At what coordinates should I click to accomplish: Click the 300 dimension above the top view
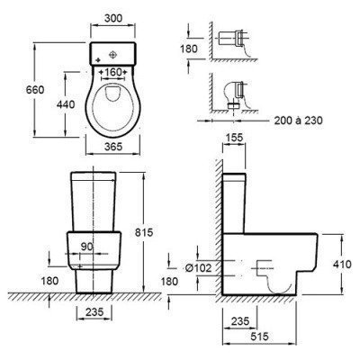click(113, 18)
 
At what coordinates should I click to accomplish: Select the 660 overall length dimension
click(35, 90)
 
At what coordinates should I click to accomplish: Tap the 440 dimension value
click(66, 104)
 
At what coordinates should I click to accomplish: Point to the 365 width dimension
click(113, 147)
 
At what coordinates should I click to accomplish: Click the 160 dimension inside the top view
click(113, 72)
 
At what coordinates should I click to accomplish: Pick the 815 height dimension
click(144, 232)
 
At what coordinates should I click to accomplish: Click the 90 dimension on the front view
click(87, 247)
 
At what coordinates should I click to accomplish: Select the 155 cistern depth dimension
click(234, 138)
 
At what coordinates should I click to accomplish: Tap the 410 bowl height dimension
click(342, 265)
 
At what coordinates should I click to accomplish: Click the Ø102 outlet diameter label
click(198, 268)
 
